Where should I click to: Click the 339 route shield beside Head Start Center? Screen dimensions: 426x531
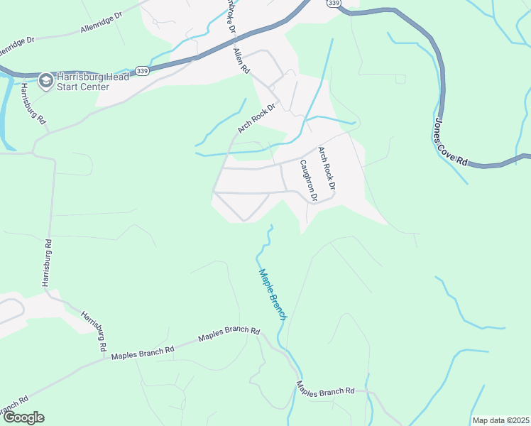tap(143, 72)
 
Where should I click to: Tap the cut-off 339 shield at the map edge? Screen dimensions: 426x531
tap(334, 4)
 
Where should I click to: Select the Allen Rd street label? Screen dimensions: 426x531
tap(241, 61)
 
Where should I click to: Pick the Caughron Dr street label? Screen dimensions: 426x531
tap(307, 180)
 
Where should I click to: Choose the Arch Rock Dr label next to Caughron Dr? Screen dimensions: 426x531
tap(327, 168)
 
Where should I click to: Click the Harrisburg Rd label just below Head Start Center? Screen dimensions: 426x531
tap(33, 104)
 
